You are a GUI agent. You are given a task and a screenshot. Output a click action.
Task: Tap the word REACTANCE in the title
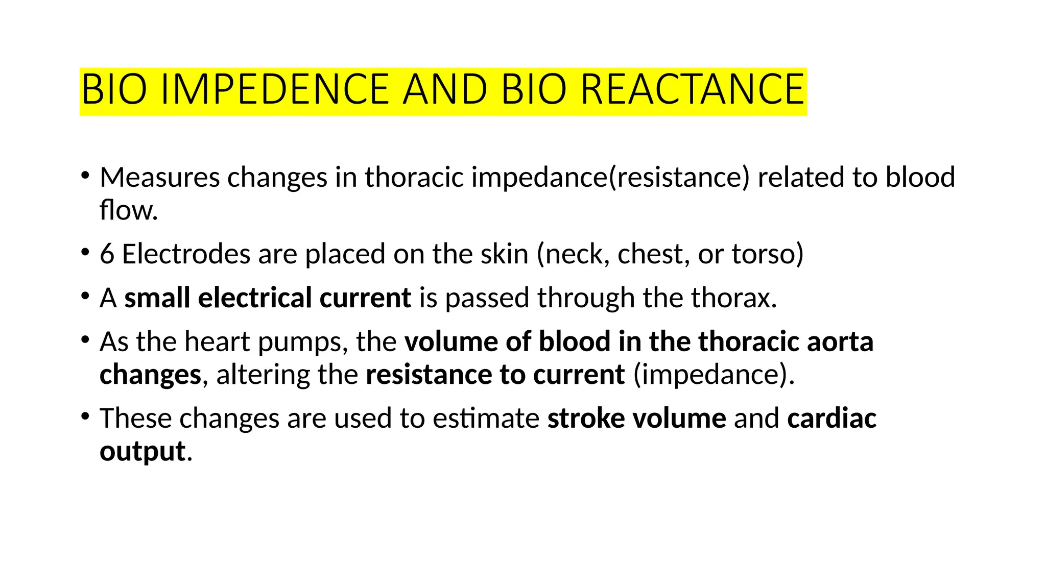tap(693, 90)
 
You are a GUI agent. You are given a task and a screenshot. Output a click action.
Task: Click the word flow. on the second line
tap(129, 210)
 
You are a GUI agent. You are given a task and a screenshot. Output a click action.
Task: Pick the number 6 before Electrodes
tap(107, 254)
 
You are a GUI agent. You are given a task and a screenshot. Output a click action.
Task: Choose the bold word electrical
tap(254, 298)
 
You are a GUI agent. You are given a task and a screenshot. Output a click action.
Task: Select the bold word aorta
tap(840, 342)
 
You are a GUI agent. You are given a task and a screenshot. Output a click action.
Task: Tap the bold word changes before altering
tap(150, 375)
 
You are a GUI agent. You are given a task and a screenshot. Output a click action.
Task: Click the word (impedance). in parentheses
tap(714, 375)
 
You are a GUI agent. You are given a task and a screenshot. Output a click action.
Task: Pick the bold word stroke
tap(586, 419)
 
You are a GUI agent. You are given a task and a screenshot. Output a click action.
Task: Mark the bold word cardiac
tap(831, 419)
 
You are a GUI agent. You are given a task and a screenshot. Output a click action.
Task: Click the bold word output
tap(142, 452)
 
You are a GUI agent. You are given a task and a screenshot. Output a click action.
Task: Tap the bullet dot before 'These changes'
tap(85, 415)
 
